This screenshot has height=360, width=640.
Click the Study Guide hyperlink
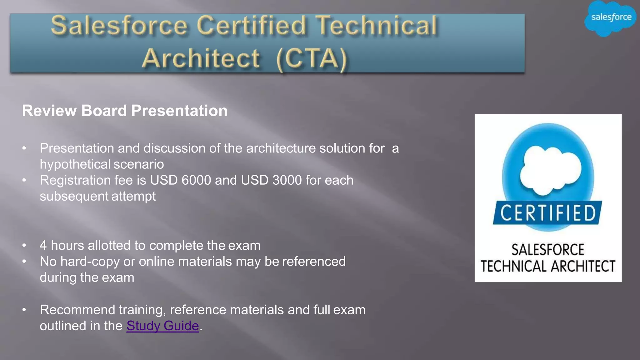(x=162, y=326)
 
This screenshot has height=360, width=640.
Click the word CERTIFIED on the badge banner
(x=548, y=213)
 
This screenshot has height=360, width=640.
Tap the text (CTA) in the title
(x=312, y=58)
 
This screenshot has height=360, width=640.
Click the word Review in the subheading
(x=49, y=111)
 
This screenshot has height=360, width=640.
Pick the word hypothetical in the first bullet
(x=75, y=164)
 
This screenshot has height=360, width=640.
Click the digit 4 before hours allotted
(x=43, y=246)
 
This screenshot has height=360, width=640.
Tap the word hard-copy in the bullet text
(x=90, y=262)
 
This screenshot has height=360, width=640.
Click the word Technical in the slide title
(x=376, y=26)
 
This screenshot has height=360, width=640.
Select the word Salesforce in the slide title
(x=119, y=26)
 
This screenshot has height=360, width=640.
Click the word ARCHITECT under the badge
(x=583, y=266)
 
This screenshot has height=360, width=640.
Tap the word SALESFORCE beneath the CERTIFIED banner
(x=547, y=250)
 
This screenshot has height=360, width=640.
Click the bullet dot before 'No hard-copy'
(x=24, y=262)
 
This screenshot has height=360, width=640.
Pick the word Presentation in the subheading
(x=179, y=111)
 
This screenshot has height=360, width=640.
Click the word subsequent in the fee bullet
(x=74, y=196)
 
